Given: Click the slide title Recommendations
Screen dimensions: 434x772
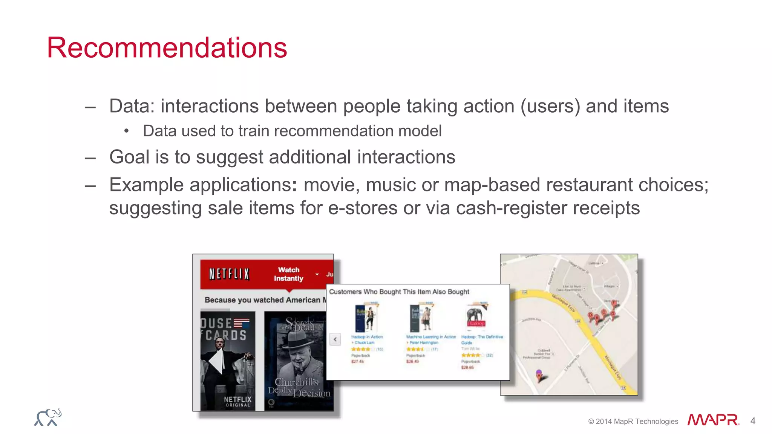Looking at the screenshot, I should click(167, 48).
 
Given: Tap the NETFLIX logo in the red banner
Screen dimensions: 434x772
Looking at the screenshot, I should click(229, 274).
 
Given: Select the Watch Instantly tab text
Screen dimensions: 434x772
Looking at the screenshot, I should click(288, 274).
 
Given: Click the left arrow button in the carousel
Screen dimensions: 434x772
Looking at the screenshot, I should click(335, 339).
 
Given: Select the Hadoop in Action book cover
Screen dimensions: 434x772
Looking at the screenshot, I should click(366, 318).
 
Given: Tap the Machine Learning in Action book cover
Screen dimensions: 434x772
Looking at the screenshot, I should click(421, 318).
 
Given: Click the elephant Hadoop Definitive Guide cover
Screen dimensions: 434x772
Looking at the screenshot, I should click(476, 316).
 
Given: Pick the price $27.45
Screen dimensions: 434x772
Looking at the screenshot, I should click(357, 362).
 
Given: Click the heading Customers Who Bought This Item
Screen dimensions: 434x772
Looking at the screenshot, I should click(399, 292).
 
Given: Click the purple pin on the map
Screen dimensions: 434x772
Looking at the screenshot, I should click(539, 374).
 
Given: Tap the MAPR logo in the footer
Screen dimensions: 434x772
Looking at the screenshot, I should click(713, 420).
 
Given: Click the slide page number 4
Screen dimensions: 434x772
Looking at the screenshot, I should click(753, 421).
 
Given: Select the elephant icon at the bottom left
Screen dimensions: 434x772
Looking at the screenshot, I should click(48, 417).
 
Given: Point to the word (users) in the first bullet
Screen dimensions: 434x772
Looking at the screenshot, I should click(550, 106).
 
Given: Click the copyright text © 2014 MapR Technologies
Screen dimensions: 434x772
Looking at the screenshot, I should click(633, 422).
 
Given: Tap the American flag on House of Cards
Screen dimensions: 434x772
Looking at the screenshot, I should click(241, 323).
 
